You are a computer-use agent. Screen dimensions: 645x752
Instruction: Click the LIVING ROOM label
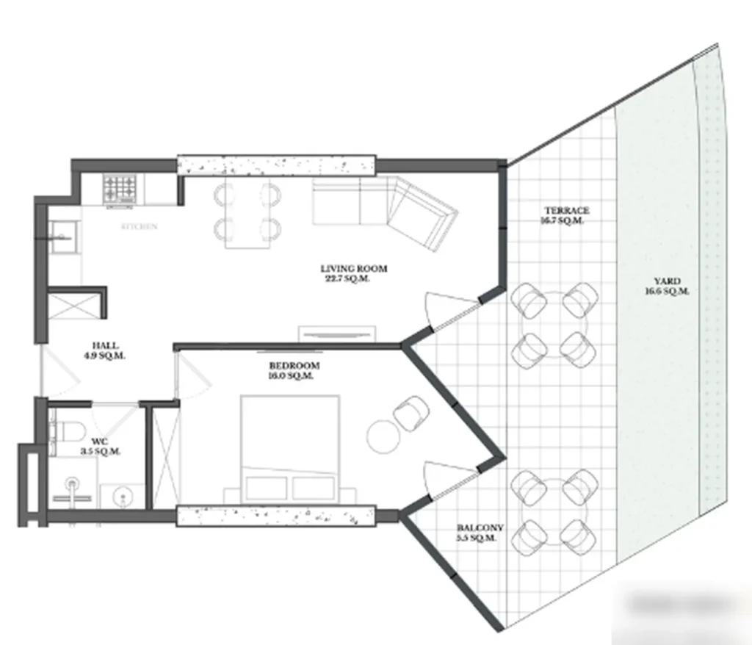click(354, 269)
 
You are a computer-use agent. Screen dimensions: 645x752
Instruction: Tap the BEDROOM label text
click(294, 366)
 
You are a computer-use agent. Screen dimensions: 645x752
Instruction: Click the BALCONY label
click(480, 528)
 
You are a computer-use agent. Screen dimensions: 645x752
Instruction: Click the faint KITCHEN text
click(140, 227)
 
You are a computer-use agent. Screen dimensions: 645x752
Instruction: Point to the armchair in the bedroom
click(410, 414)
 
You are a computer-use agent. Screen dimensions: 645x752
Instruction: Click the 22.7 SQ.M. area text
click(344, 279)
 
